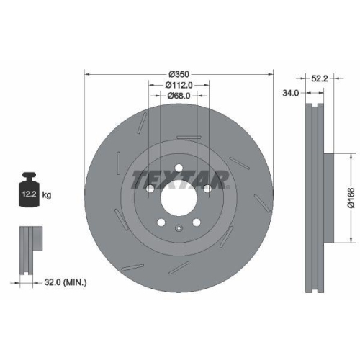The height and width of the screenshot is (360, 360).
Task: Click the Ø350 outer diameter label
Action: (179, 75)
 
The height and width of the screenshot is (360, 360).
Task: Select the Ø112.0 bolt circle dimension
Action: (179, 86)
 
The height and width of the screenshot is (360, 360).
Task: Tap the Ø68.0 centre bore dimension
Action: (179, 96)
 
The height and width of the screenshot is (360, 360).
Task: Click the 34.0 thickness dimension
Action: (291, 93)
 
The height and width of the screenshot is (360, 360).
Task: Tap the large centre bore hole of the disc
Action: (177, 193)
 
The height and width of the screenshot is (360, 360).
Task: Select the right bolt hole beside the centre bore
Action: (207, 189)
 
